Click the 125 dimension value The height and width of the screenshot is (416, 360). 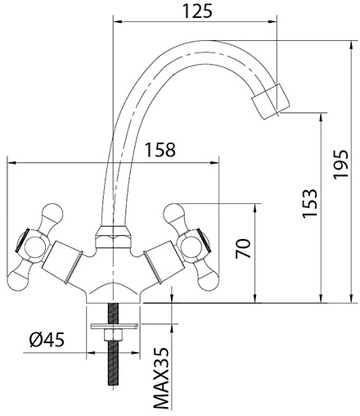(x=197, y=11)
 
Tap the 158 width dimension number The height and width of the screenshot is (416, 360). (x=160, y=150)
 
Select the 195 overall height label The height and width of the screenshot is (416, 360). (x=341, y=164)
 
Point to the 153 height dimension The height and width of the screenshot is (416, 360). (x=310, y=203)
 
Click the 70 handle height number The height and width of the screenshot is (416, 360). (x=243, y=248)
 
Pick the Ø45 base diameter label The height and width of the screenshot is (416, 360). (x=47, y=340)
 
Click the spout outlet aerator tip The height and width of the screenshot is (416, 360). (x=271, y=102)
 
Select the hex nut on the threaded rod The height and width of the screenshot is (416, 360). (x=113, y=335)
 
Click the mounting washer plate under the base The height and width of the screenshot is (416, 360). (x=115, y=326)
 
